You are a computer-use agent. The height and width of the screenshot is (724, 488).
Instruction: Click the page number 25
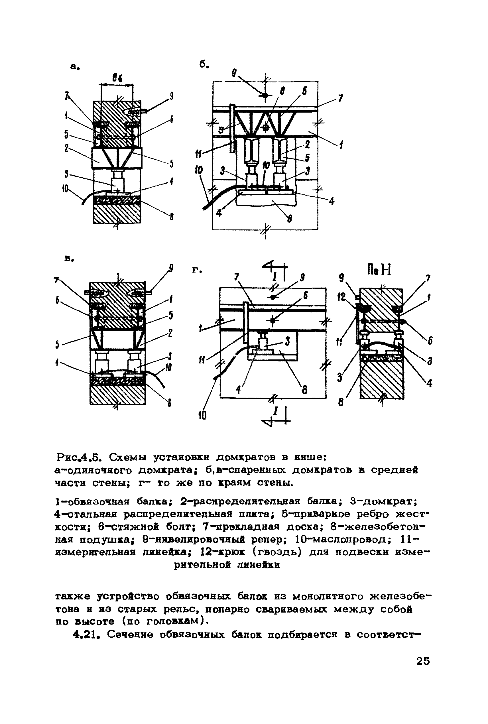pyautogui.click(x=423, y=660)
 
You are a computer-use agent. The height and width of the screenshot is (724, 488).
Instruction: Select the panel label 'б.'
pyautogui.click(x=204, y=65)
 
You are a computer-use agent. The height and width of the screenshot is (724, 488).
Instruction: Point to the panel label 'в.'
pyautogui.click(x=69, y=259)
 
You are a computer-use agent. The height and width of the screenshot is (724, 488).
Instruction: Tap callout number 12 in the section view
pyautogui.click(x=342, y=298)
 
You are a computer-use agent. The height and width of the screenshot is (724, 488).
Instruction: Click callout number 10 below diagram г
pyautogui.click(x=202, y=415)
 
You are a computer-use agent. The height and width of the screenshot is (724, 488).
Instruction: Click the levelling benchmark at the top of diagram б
pyautogui.click(x=265, y=95)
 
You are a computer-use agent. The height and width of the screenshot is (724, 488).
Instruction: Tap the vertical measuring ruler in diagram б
pyautogui.click(x=232, y=128)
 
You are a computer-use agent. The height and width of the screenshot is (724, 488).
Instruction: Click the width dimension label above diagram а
pyautogui.click(x=117, y=79)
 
